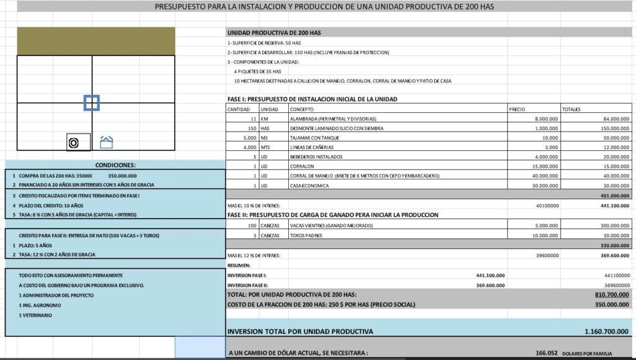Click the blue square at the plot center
pyautogui.click(x=92, y=103)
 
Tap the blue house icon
pyautogui.click(x=107, y=143)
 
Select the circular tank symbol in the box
pyautogui.click(x=73, y=143)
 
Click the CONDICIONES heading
pyautogui.click(x=115, y=165)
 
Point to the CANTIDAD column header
pyautogui.click(x=238, y=109)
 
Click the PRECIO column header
pyautogui.click(x=517, y=109)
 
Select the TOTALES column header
pyautogui.click(x=571, y=109)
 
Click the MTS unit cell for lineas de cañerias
pyautogui.click(x=265, y=147)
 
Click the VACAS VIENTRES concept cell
pyautogui.click(x=331, y=226)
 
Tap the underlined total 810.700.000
pyautogui.click(x=612, y=295)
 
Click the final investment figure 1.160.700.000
pyautogui.click(x=606, y=331)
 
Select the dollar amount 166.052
pyautogui.click(x=546, y=353)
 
